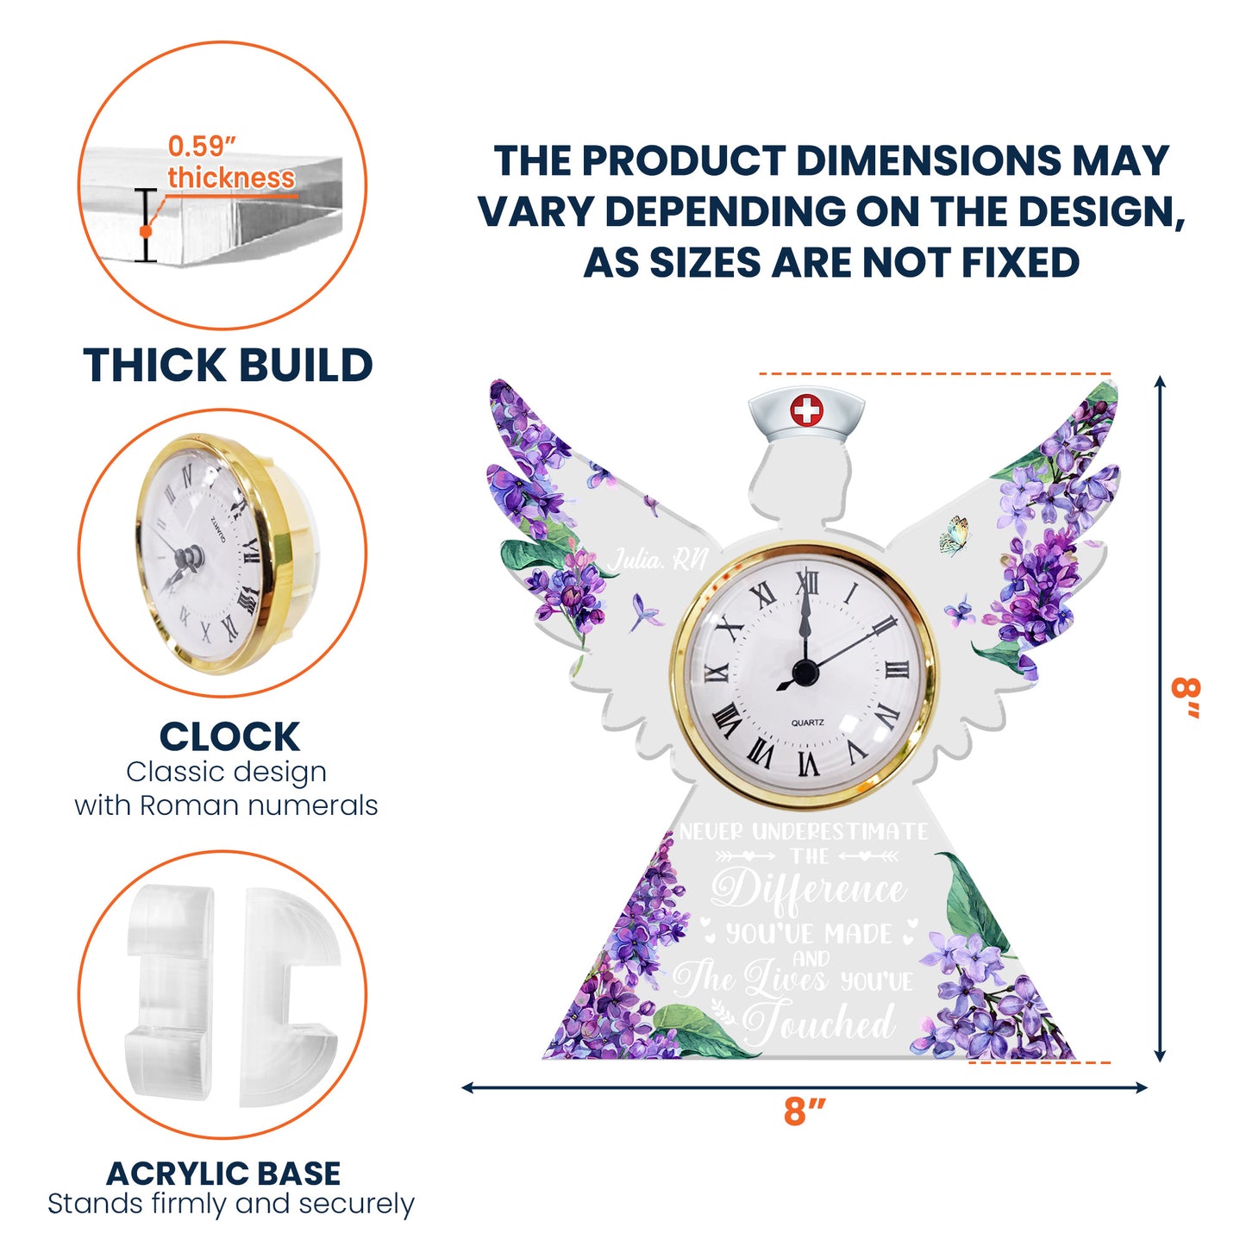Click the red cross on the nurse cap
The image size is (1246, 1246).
807,410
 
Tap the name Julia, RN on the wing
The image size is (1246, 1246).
658,561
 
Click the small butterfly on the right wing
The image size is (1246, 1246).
955,535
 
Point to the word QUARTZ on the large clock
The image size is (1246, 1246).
807,723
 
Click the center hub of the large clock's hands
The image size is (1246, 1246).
805,672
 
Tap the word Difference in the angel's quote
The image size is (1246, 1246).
809,890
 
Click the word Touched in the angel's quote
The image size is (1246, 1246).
818,1024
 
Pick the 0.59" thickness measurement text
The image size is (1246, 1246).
230,162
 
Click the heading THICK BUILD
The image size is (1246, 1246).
228,366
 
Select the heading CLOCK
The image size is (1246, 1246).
229,737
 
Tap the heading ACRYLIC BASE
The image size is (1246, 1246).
223,1174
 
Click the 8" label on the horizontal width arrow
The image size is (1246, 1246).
805,1112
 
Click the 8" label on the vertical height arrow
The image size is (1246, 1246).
1187,698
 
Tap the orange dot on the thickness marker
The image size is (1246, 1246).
146,231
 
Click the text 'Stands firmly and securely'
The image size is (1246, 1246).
231,1204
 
